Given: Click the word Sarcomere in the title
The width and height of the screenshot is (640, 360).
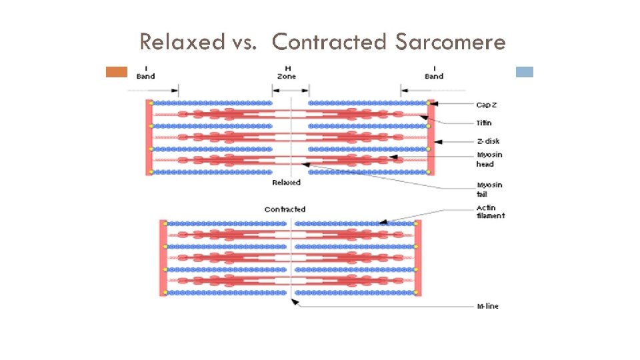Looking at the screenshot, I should tap(450, 42).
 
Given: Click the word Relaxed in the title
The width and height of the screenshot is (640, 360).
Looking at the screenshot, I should tap(182, 42).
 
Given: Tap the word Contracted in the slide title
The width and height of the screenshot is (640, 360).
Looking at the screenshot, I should tap(330, 42).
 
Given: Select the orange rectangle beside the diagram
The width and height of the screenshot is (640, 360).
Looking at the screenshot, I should tap(117, 72).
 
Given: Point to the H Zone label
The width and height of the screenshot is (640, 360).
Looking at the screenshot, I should tap(287, 72).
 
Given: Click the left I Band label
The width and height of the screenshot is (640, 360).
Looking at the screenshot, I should tap(145, 72).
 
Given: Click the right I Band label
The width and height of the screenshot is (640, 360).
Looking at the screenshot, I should tap(434, 72).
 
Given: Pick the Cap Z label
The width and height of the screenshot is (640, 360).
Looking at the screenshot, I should tap(487, 105).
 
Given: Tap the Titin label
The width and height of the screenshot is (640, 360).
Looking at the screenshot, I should tap(485, 123).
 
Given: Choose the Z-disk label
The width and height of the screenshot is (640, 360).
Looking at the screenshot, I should tap(488, 141).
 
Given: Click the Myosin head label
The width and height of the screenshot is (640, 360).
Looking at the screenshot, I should tap(489, 159).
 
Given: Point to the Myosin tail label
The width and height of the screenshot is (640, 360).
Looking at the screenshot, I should tap(489, 189).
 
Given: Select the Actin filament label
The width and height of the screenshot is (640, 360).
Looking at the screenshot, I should tap(491, 211).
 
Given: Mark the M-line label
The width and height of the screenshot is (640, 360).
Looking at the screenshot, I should tap(488, 306).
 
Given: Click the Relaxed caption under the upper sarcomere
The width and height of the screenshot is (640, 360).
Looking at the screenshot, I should tap(286, 182).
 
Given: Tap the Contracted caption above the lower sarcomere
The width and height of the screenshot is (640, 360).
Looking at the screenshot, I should tap(285, 209).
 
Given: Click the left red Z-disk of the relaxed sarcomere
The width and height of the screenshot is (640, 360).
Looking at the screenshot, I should tap(149, 137).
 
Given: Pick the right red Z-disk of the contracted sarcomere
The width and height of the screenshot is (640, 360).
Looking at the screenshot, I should tap(419, 258).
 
